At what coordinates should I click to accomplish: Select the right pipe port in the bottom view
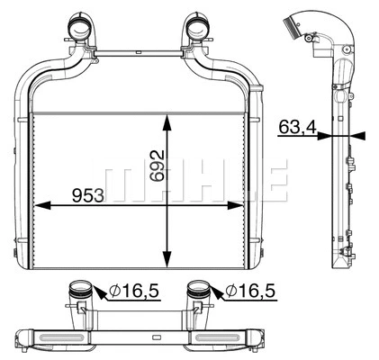pos(199,292)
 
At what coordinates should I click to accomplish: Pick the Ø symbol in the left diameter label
pos(114,291)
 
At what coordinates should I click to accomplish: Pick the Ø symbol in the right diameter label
pos(230,291)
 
